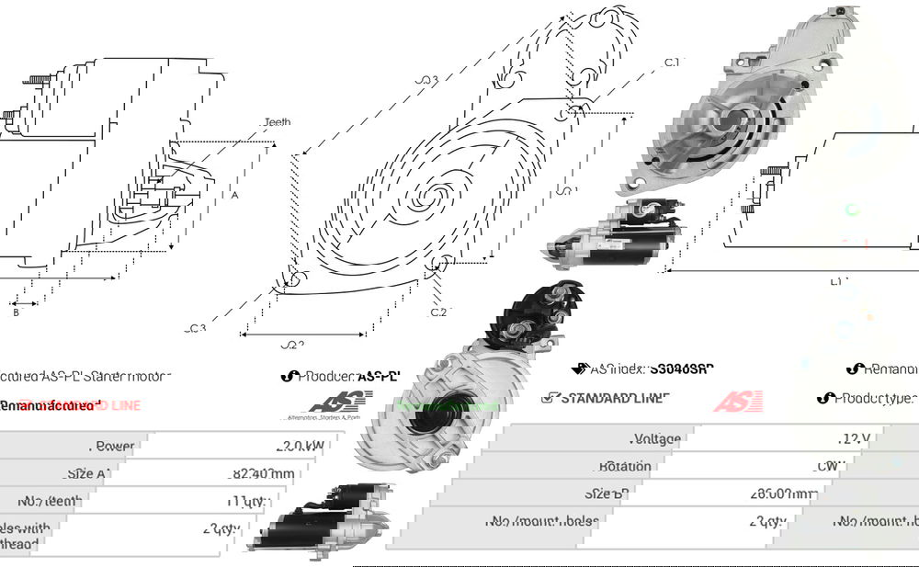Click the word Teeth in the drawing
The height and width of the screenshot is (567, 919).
click(x=277, y=122)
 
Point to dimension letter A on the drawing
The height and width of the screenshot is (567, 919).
click(x=235, y=195)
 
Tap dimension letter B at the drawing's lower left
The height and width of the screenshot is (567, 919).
click(x=17, y=312)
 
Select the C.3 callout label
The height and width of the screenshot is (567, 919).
click(x=196, y=328)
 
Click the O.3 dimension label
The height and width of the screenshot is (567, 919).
click(x=425, y=80)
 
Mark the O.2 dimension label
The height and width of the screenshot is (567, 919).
click(x=291, y=345)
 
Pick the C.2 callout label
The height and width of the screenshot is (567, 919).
click(x=439, y=312)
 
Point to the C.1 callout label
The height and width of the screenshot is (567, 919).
click(x=672, y=62)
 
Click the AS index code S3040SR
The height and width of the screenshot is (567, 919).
click(x=681, y=369)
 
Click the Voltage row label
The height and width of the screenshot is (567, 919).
click(x=657, y=438)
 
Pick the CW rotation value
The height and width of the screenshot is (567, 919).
click(x=854, y=466)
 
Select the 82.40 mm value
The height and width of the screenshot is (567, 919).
click(x=264, y=474)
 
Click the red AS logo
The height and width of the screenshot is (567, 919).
click(x=738, y=401)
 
